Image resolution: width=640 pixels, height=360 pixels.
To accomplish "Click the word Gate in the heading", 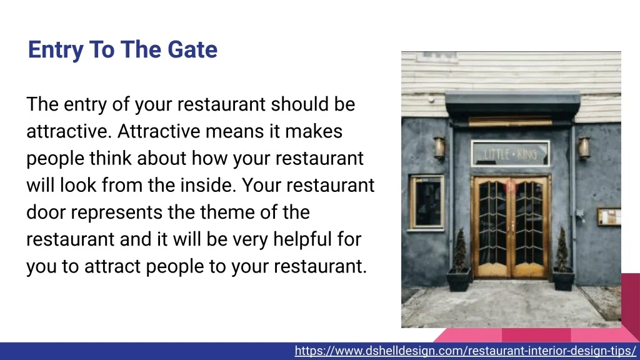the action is coord(192,49).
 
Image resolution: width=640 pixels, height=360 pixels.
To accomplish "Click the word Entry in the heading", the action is coord(55,50).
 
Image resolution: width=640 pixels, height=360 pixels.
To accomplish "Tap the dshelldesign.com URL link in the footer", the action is coord(465,351).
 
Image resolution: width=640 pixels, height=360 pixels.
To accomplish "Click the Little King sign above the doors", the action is coord(510,154).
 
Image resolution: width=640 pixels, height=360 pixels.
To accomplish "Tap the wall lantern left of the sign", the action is coord(439,147).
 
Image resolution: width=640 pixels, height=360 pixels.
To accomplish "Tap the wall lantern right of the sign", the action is coord(584,147).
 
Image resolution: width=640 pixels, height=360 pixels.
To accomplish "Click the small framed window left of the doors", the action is coord(427,202).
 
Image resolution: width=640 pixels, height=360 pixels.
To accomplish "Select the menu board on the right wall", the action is coord(609,217).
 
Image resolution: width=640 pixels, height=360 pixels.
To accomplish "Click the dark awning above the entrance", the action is coord(512,105).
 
